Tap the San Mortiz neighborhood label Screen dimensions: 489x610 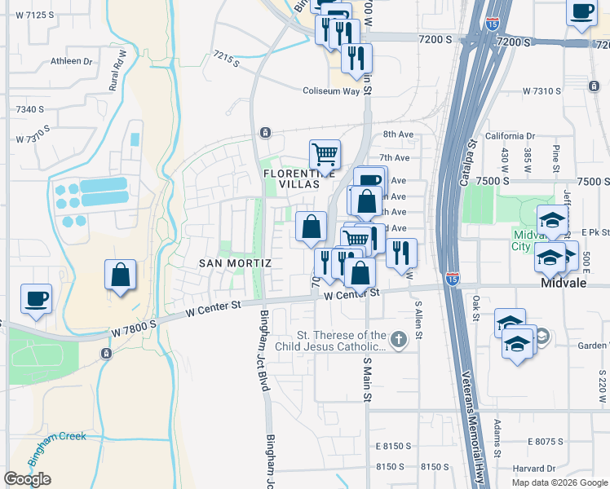pos(235,263)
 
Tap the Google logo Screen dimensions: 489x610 pos(27,479)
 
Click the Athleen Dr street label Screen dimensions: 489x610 pos(71,61)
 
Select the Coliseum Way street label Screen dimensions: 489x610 pos(331,91)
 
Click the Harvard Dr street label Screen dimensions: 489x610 pos(534,469)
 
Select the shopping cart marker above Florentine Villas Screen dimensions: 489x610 pos(325,154)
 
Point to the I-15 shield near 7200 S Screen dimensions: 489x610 pos(493,24)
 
